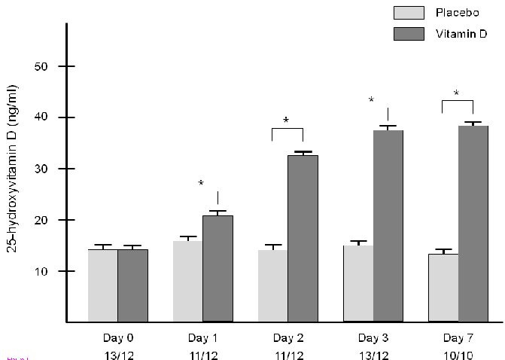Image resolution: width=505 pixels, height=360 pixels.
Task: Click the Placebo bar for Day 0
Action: [x=103, y=285]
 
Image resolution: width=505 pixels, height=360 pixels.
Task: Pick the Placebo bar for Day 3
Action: [x=358, y=283]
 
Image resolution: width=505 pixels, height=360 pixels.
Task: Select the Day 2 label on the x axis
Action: [x=287, y=337]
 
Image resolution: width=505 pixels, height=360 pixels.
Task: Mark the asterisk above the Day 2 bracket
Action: [x=287, y=121]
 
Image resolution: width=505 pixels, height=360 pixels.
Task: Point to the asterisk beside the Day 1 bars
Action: [x=201, y=184]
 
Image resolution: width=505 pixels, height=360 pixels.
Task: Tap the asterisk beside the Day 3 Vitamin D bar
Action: [x=371, y=100]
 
